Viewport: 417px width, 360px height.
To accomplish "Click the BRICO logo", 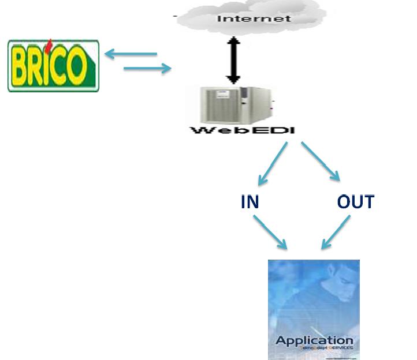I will pyautogui.click(x=53, y=65).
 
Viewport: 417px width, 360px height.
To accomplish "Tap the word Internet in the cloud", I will pyautogui.click(x=254, y=18).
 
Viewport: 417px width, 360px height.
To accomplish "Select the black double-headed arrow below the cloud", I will pyautogui.click(x=232, y=60).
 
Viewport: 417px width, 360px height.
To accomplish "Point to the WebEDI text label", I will pyautogui.click(x=243, y=131).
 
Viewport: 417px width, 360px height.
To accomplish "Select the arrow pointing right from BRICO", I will pyautogui.click(x=148, y=69).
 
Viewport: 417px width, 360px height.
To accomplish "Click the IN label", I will pyautogui.click(x=250, y=202).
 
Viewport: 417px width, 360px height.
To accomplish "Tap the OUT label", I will pyautogui.click(x=355, y=202).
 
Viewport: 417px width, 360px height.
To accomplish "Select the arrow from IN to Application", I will pyautogui.click(x=270, y=233).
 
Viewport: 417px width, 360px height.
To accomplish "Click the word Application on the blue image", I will pyautogui.click(x=314, y=340).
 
